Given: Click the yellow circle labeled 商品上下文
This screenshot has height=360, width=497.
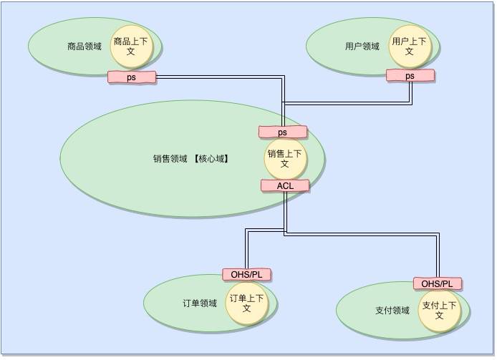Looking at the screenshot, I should [x=131, y=47].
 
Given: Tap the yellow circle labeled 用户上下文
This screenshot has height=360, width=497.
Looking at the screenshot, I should [x=409, y=47].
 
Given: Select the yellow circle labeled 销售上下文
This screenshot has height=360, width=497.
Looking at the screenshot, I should [x=284, y=158].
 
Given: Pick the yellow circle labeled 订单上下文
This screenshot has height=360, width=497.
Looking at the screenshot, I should [x=247, y=303].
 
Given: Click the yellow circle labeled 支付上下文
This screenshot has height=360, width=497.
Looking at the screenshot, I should [x=440, y=311].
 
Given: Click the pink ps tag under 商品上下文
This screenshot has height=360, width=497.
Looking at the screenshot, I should [x=132, y=77].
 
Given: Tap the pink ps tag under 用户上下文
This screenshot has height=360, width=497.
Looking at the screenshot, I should [x=410, y=76].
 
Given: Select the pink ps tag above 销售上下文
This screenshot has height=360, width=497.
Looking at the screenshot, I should [x=283, y=132].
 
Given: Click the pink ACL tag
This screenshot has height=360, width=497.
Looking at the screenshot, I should [x=285, y=185].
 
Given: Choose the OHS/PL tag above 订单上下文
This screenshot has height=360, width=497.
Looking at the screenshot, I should [x=247, y=275].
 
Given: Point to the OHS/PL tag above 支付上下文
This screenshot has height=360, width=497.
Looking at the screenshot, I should [x=438, y=283].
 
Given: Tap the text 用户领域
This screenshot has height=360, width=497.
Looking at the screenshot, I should [x=362, y=47].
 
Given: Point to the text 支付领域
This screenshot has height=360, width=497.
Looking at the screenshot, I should [x=392, y=311].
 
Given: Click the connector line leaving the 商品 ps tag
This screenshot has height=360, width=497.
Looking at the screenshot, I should [x=215, y=76].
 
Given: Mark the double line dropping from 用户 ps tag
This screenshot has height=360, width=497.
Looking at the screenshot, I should [x=411, y=92].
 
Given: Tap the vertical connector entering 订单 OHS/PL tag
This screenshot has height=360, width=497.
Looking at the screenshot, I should [x=247, y=250].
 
